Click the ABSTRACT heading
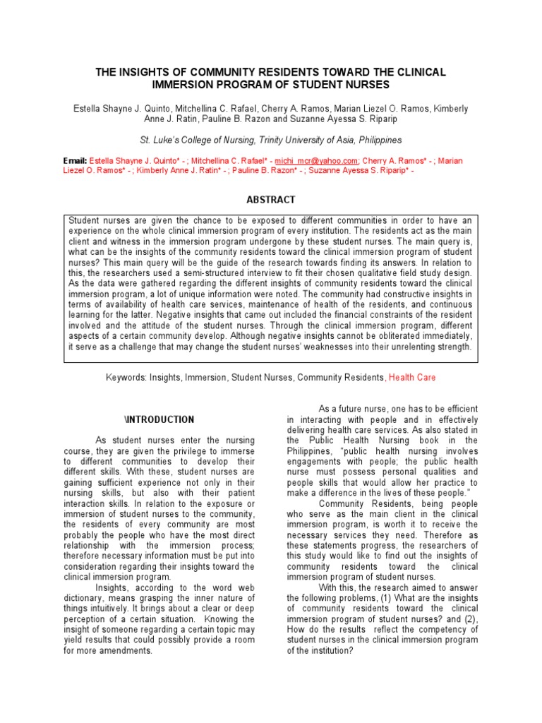[x=270, y=200]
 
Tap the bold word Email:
[x=76, y=161]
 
